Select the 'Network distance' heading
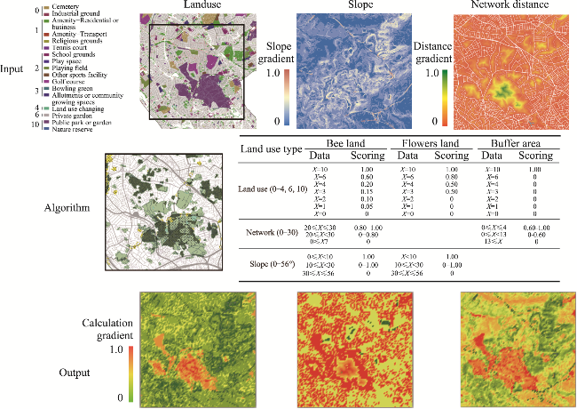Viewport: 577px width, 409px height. tap(506, 5)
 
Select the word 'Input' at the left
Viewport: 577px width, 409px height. tap(12, 69)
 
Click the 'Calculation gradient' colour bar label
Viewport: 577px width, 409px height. tap(107, 328)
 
